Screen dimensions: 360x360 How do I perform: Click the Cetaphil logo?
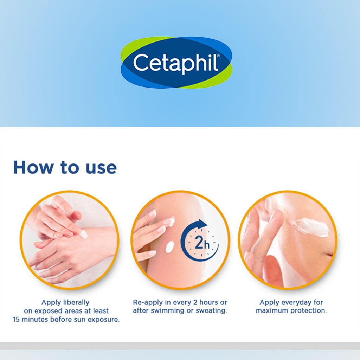176,63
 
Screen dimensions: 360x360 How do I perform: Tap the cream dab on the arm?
170,246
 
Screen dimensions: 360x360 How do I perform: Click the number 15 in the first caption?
17,320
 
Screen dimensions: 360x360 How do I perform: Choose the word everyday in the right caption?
295,302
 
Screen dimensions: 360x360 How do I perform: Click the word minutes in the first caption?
37,320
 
